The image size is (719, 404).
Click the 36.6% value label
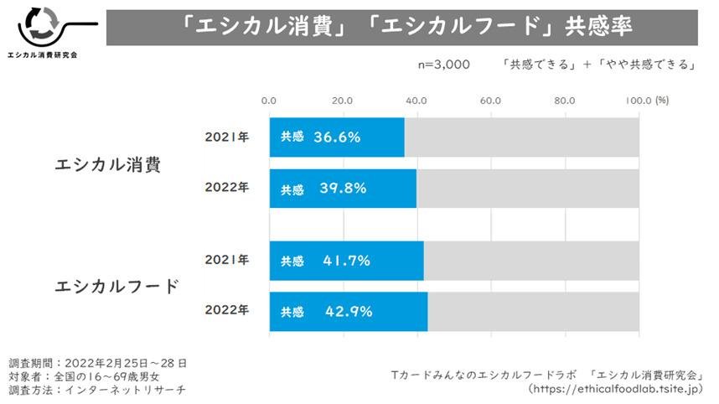(337, 137)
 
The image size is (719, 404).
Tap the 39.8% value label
(343, 189)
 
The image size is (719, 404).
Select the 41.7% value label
(346, 261)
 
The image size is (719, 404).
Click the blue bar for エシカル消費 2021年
(336, 137)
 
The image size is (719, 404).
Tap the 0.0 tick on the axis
(269, 101)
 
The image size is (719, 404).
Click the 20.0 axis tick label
(342, 101)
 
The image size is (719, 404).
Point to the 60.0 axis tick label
(490, 101)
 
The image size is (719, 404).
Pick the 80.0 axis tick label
(564, 101)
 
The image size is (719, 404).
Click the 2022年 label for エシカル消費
(227, 188)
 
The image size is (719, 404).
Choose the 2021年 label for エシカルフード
(227, 260)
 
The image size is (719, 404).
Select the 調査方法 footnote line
(97, 390)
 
